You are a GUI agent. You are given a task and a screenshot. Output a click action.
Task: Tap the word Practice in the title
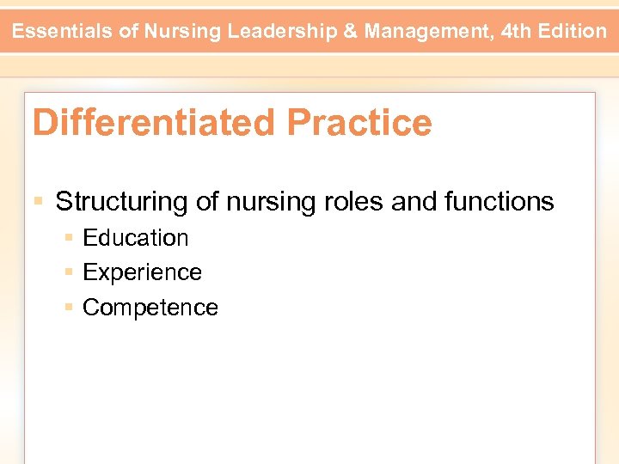359,123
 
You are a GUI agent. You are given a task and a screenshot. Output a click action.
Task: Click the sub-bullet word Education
135,238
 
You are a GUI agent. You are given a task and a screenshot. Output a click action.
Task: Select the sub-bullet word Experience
142,272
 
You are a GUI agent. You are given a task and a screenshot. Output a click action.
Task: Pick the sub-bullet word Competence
150,308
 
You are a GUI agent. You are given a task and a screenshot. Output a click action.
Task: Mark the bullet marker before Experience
69,272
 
